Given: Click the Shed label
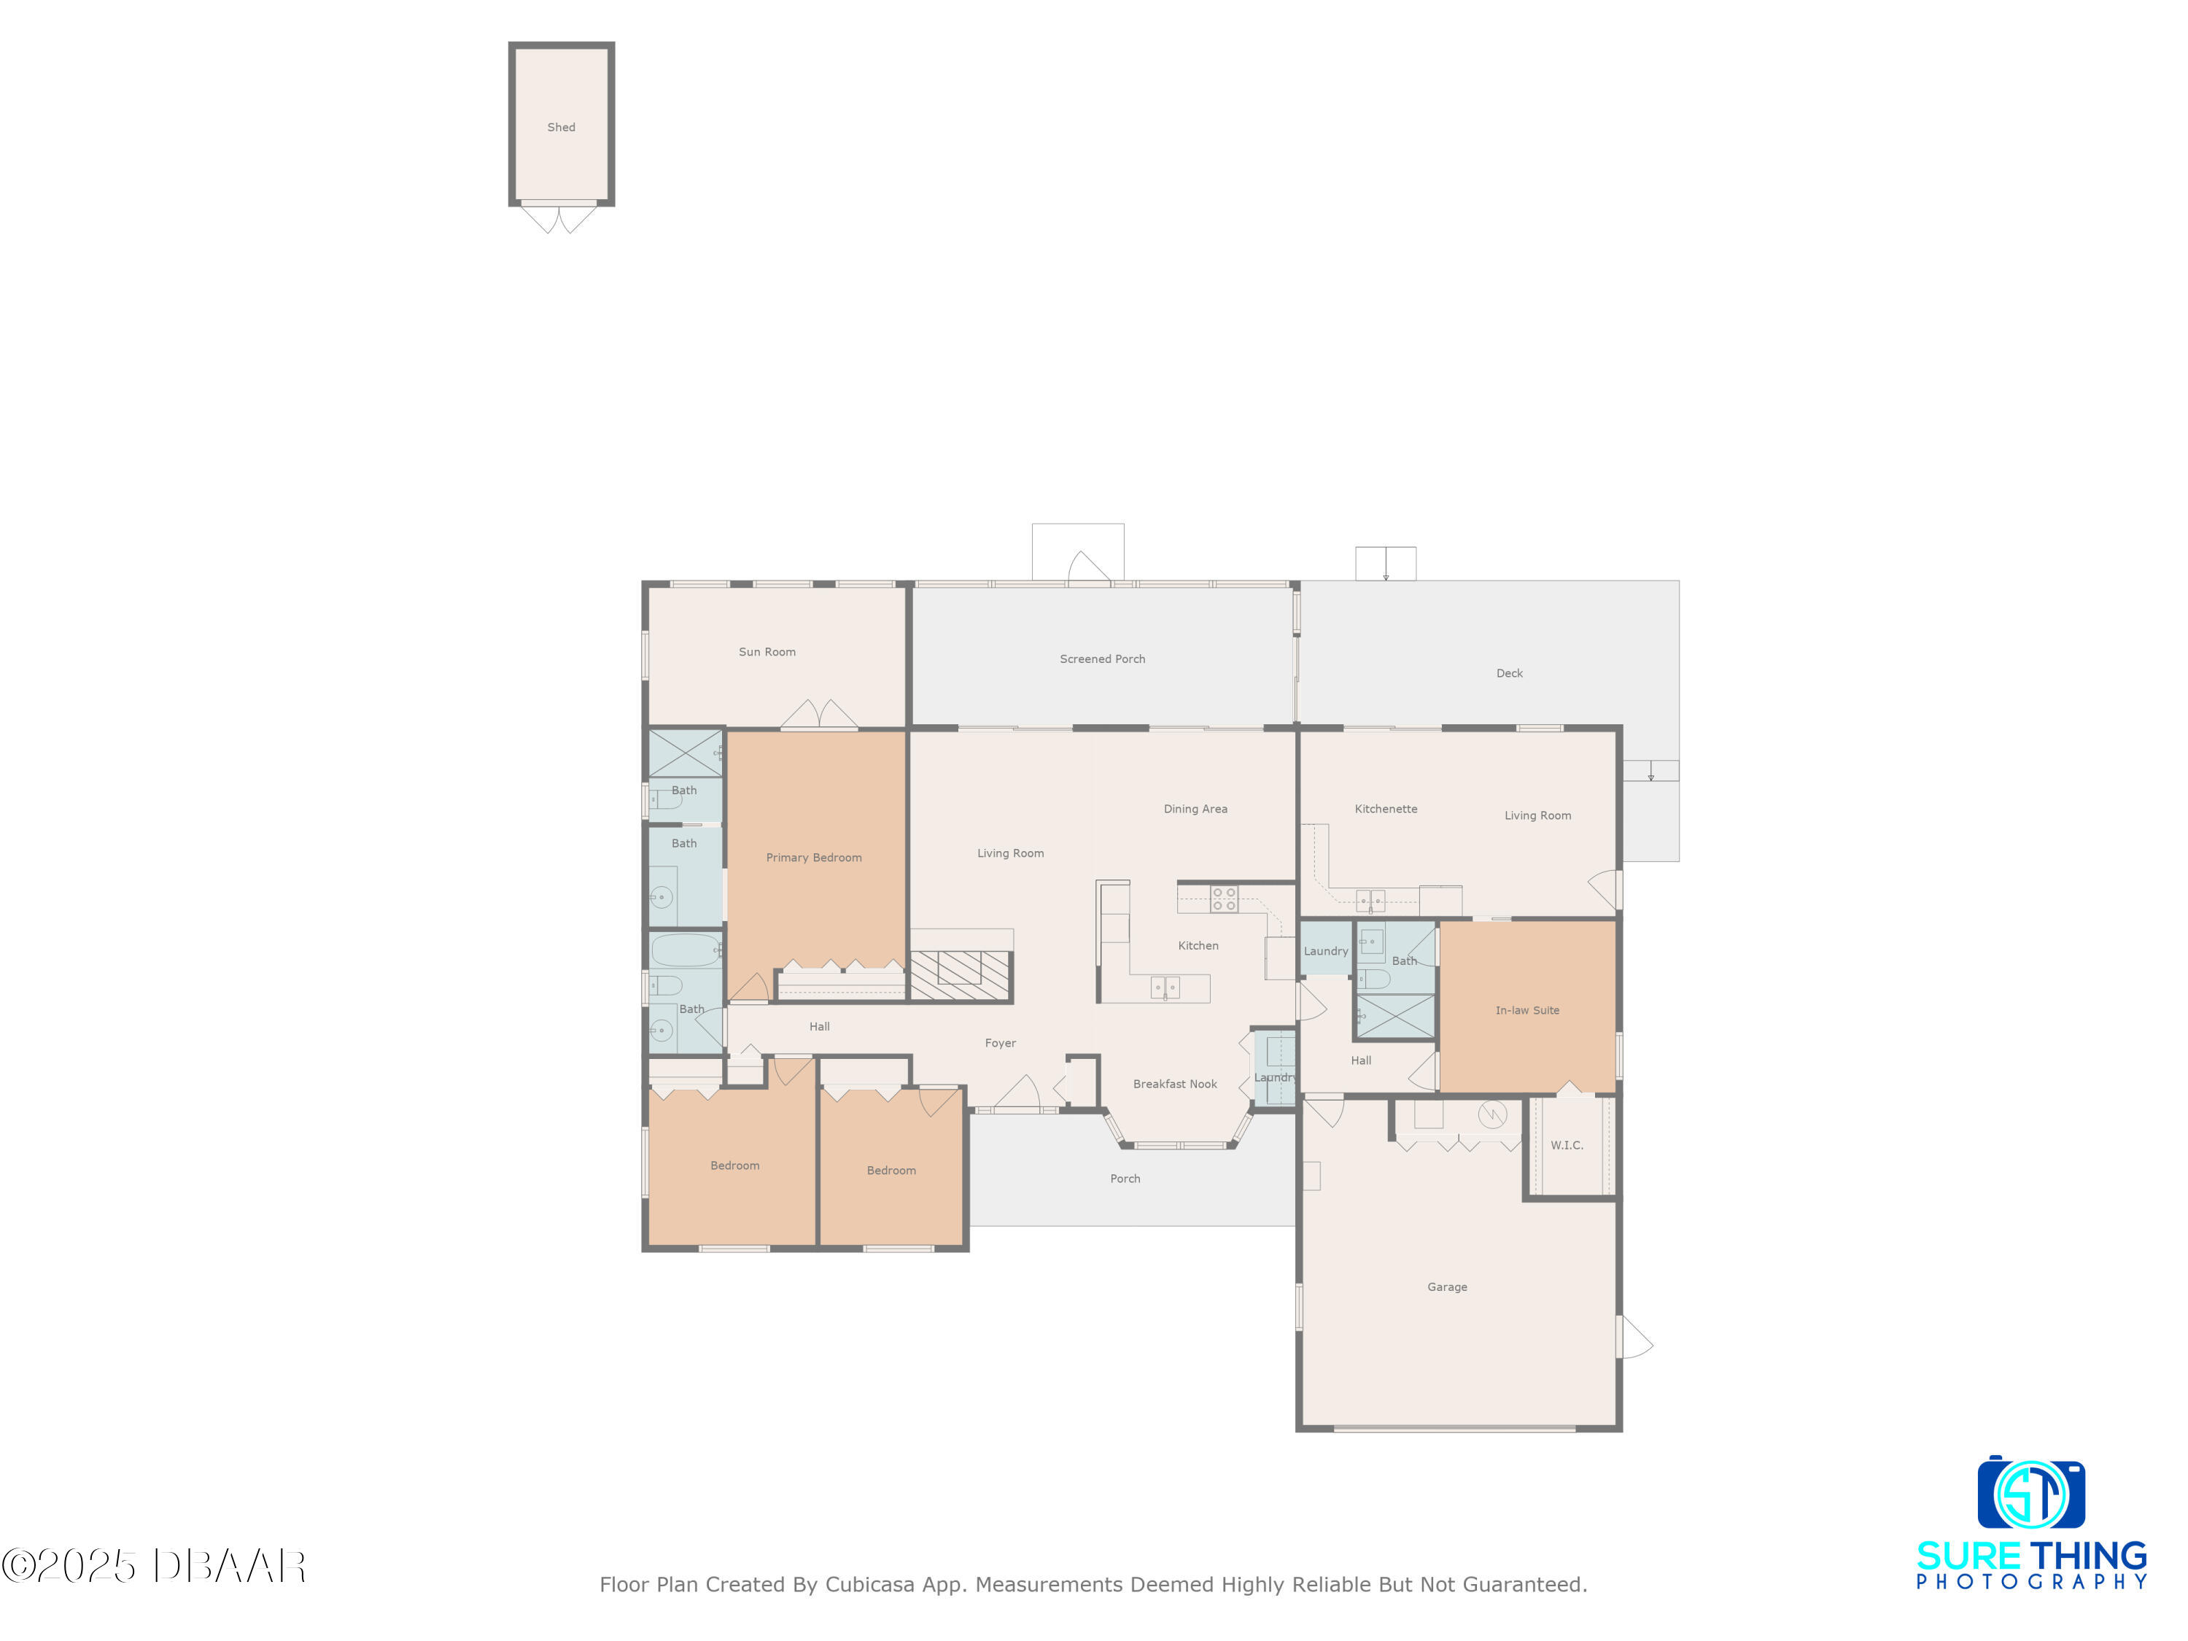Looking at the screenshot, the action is (x=561, y=128).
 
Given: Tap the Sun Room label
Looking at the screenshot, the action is (x=767, y=652).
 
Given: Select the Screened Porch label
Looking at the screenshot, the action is (x=1102, y=659).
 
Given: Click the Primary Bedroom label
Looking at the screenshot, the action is (x=813, y=858).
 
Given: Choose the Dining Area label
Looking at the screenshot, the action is (x=1195, y=809).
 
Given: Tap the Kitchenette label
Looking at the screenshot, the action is (x=1386, y=809).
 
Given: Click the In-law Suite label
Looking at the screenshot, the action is (x=1527, y=1010).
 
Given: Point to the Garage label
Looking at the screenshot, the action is (x=1447, y=1287).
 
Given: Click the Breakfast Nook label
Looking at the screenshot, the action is (x=1175, y=1084).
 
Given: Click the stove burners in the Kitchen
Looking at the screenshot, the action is (x=1225, y=899).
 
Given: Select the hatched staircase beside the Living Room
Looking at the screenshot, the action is (x=960, y=975).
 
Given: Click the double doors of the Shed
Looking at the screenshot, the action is (x=560, y=217).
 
